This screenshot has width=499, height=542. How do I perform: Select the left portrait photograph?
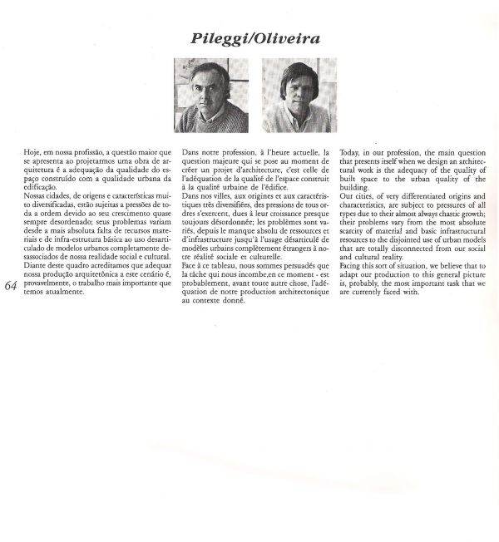pos(211,96)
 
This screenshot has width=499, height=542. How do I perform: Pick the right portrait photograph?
pos(299,96)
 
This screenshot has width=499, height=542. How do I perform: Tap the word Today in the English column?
pos(353,154)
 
